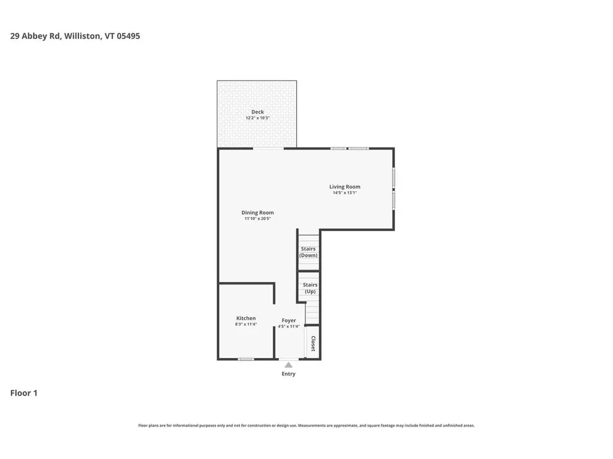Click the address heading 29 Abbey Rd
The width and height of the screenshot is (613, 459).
75,36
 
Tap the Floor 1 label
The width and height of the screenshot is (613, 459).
24,393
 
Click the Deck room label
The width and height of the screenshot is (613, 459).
257,112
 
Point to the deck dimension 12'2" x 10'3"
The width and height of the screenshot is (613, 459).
257,118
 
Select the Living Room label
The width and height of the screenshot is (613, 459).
345,186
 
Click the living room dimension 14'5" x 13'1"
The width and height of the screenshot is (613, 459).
345,192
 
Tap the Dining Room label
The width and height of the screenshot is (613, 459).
257,212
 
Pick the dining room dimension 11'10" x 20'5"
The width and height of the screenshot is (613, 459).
257,219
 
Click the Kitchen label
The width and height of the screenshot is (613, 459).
245,318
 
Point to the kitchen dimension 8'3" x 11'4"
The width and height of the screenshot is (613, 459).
245,324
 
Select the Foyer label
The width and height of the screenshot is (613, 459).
289,320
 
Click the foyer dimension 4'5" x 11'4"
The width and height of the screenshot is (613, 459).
289,326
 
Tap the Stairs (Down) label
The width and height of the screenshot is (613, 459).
308,252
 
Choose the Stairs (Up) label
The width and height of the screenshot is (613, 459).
310,287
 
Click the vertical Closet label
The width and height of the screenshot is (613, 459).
313,343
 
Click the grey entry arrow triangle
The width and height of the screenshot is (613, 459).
289,365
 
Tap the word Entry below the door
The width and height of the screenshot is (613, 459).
289,374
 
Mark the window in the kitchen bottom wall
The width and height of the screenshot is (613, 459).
245,359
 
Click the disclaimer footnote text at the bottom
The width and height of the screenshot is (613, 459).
306,426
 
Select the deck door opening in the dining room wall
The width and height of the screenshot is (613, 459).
268,148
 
